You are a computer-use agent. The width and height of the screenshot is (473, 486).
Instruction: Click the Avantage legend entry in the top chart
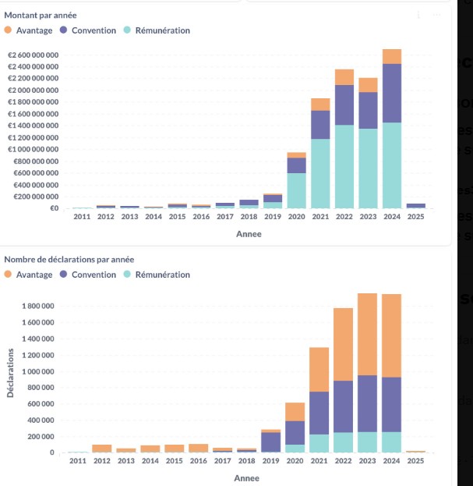click(x=29, y=30)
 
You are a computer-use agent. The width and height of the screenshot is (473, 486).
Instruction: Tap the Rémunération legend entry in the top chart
click(x=157, y=30)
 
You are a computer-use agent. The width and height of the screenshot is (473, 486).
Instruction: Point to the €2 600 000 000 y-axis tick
click(x=34, y=55)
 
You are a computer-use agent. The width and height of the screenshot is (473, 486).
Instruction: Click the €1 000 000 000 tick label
click(x=34, y=149)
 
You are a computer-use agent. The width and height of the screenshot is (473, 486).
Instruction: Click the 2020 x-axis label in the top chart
click(x=296, y=194)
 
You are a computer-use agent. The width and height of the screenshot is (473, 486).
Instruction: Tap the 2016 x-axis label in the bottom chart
click(x=199, y=461)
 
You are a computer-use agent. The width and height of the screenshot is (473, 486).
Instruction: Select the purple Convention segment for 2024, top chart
click(x=392, y=93)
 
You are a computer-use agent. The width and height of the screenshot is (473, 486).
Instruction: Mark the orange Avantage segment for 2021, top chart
click(x=320, y=105)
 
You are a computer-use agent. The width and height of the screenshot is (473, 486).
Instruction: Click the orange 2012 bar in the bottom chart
click(x=102, y=449)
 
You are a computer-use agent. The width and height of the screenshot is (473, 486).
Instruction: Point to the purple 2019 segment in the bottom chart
click(x=270, y=442)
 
